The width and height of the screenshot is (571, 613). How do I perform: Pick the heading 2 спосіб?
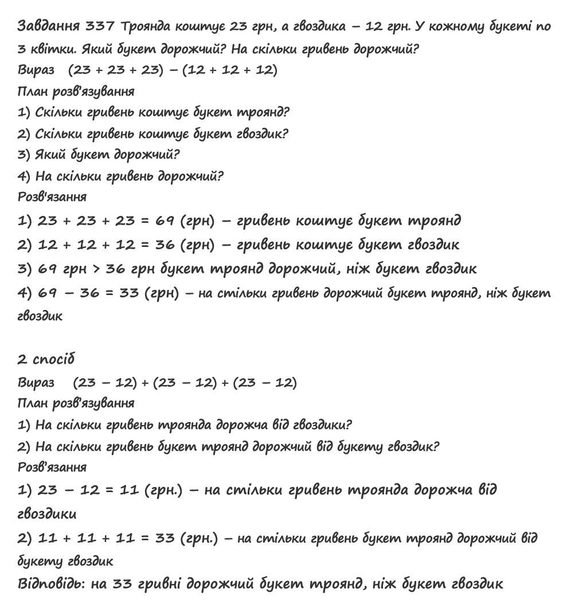coord(46,359)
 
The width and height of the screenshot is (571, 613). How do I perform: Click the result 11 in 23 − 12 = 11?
coord(130,490)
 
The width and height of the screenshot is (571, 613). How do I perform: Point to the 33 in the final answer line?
coord(123,584)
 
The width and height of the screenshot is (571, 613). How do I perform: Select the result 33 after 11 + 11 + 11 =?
coord(165,539)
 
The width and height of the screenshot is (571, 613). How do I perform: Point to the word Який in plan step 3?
coord(50,155)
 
